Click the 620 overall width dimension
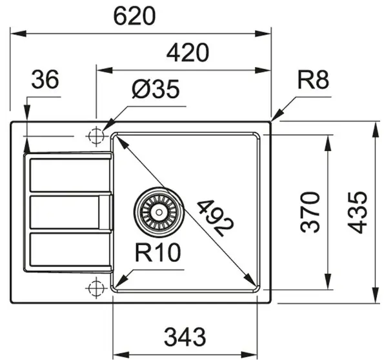[134, 15]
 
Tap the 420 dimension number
[188, 52]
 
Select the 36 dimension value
[45, 79]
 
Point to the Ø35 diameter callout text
[156, 88]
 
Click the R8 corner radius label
[313, 79]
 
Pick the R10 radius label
[158, 252]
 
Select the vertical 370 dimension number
[310, 212]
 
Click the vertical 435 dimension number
[358, 212]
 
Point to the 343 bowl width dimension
[185, 337]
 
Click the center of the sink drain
[159, 212]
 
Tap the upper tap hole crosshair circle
[96, 136]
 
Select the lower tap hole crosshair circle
[96, 288]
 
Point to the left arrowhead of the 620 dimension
[18, 34]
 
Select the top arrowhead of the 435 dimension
[375, 130]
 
